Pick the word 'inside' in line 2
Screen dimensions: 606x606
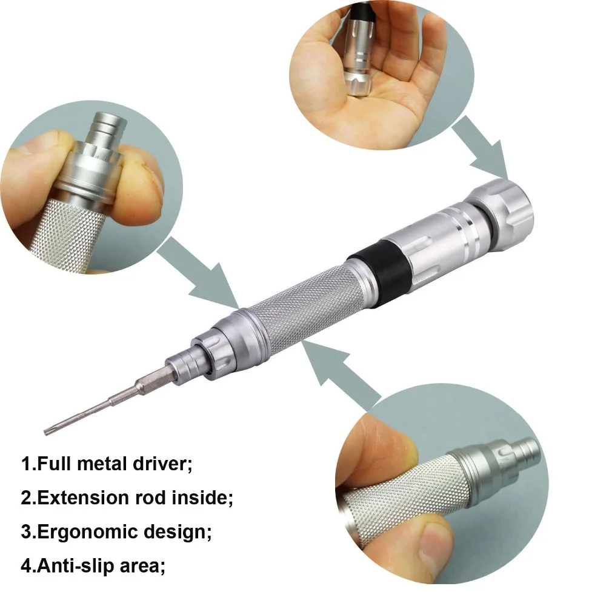[203, 498]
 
